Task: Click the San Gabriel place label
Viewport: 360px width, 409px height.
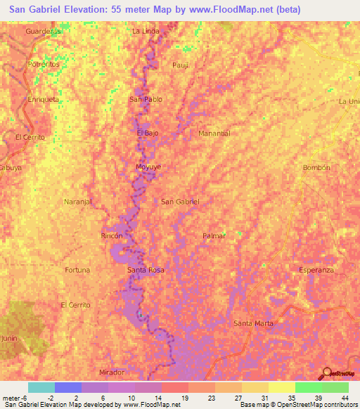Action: [181, 202]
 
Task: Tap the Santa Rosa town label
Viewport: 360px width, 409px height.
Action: [146, 270]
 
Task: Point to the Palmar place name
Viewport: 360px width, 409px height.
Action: [214, 235]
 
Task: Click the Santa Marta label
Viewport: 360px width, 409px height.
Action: [253, 323]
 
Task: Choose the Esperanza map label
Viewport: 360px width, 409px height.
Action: [316, 270]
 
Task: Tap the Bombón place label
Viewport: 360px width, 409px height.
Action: [316, 167]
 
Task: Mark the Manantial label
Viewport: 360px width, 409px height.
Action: [214, 133]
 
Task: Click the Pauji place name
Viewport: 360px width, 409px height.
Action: [181, 65]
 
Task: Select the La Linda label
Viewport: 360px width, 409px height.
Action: [146, 31]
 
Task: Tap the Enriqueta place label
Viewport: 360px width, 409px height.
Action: [43, 99]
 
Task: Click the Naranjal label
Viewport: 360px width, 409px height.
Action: [78, 202]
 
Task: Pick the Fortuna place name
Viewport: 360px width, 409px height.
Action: [77, 270]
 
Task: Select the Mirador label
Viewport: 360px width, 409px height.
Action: [112, 372]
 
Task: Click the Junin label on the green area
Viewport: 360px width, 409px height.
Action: [10, 338]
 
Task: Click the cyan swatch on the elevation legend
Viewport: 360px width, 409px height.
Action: [41, 387]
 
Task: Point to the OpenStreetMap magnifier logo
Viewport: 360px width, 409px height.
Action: [327, 372]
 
